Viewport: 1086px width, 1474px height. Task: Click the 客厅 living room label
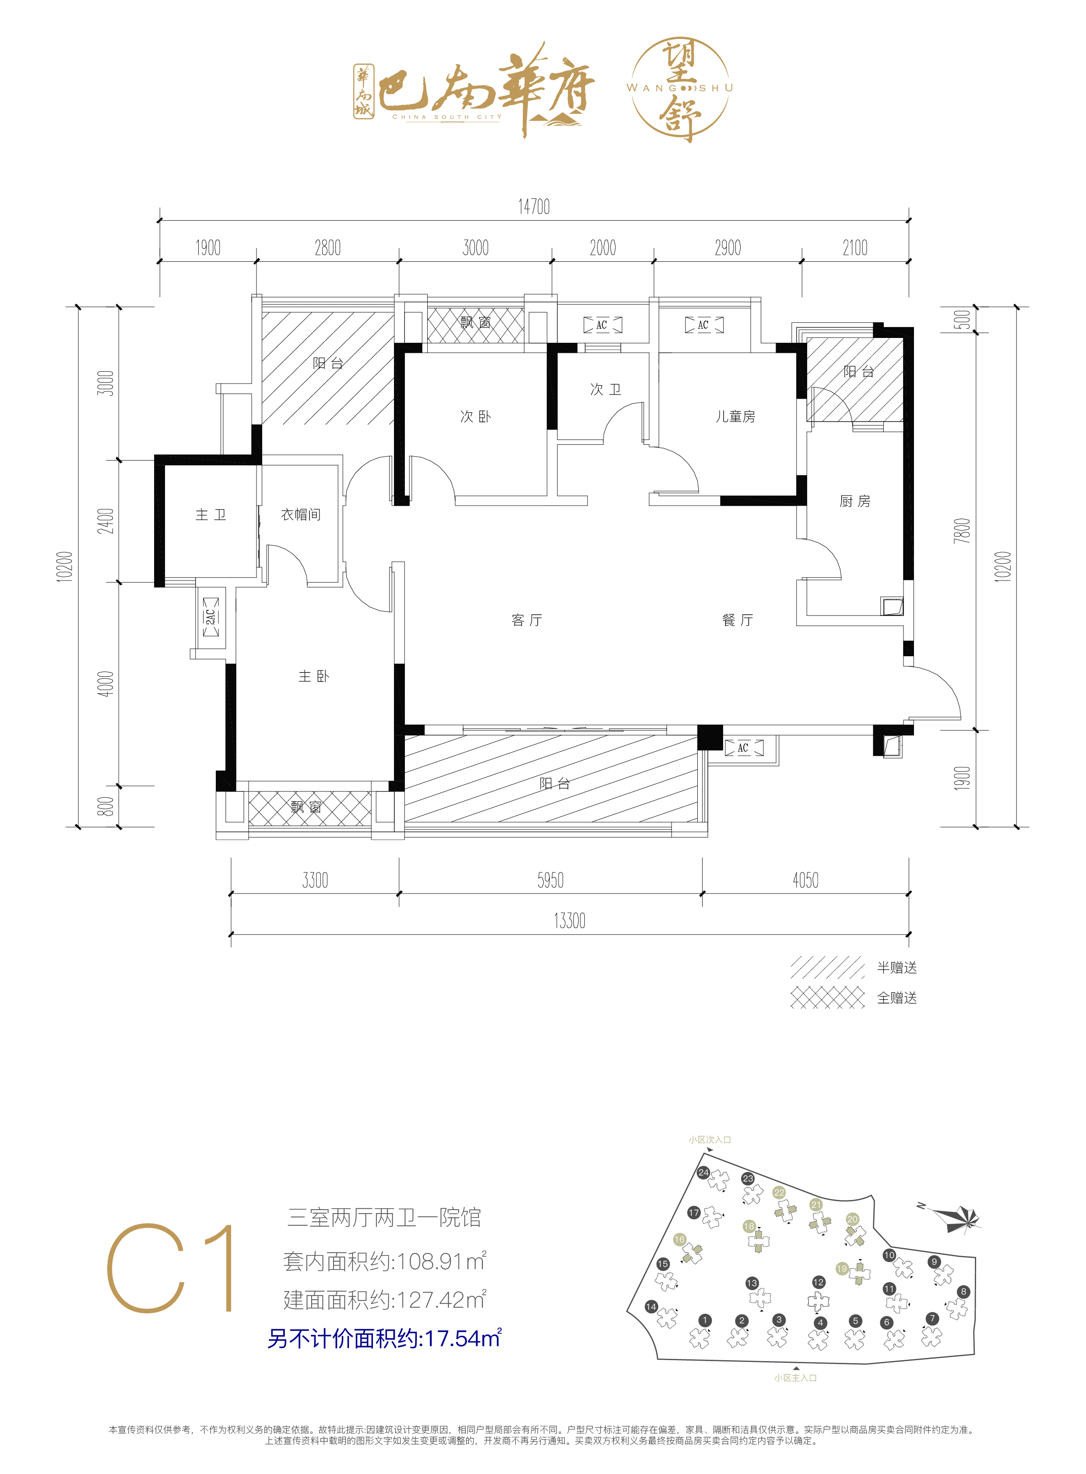(x=527, y=620)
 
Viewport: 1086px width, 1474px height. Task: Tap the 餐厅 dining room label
(x=737, y=620)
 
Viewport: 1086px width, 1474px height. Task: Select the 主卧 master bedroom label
(x=313, y=676)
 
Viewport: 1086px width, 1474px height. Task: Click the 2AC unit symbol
(x=211, y=617)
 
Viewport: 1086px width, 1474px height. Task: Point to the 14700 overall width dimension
(x=534, y=207)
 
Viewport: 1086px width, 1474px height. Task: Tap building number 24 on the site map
(x=703, y=1172)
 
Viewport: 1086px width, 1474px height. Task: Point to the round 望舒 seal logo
(x=680, y=89)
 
